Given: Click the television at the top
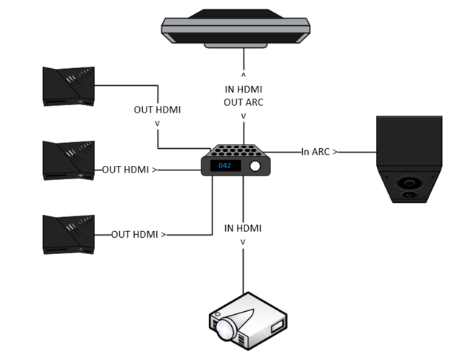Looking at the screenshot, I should coord(236,27).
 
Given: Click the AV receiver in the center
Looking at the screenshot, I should coord(236,159).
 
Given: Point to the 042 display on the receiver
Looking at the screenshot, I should coord(224,167).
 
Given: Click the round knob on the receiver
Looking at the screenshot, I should coord(256,167).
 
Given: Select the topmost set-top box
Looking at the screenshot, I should coord(69,86).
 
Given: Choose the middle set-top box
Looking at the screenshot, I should coord(69,159).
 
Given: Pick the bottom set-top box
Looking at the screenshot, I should coord(69,235).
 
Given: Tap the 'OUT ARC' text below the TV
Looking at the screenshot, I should coord(244,102).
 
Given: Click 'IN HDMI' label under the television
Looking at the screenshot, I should coord(244,90).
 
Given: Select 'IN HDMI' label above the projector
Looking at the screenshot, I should coord(243,228).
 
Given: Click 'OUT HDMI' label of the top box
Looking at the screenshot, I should coord(157,110).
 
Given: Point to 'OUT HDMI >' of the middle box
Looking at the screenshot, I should coord(130,170).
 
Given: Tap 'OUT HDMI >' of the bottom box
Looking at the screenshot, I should coord(138,235).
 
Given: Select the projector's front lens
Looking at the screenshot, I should coord(223,327).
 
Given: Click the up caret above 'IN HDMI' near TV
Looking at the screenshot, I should coord(244,75).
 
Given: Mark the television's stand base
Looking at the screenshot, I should coord(236,44).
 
